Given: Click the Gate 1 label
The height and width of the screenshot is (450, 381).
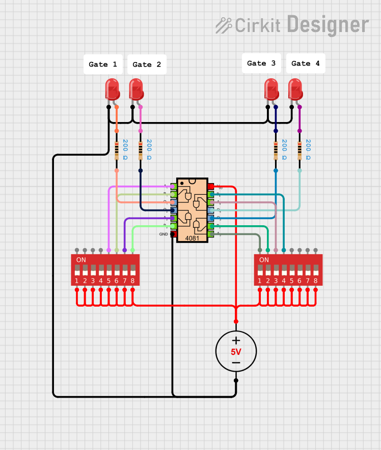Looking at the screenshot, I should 103,65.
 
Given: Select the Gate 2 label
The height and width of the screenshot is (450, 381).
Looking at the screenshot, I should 147,65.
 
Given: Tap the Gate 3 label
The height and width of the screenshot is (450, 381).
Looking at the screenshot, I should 261,64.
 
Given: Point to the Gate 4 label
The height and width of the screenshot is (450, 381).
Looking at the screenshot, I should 306,64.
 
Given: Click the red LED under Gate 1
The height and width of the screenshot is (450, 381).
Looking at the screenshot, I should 112,89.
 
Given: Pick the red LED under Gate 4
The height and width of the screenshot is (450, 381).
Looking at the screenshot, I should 295,89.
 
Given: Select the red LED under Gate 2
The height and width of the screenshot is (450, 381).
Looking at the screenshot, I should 136,89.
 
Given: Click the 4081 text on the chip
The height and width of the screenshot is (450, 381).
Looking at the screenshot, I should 192,238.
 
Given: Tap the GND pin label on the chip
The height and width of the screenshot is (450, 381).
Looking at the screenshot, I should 164,234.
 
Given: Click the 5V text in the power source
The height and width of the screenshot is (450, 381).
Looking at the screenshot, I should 236,352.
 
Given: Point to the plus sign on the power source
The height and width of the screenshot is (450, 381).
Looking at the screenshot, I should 236,341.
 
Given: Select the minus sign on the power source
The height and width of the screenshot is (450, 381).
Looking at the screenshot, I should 236,363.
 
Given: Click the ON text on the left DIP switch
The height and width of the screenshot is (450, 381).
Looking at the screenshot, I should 81,260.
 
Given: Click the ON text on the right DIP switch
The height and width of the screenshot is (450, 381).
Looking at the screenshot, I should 264,260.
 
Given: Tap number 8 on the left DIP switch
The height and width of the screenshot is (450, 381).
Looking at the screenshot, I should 132,281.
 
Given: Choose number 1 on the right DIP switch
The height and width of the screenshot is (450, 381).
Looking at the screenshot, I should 260,281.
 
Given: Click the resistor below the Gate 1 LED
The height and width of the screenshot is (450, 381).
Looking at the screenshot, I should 117,151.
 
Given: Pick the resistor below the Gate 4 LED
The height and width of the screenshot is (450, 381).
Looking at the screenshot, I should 300,151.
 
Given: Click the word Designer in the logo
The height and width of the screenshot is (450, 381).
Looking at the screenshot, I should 328,24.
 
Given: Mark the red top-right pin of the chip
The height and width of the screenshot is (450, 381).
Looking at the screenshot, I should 210,187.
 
